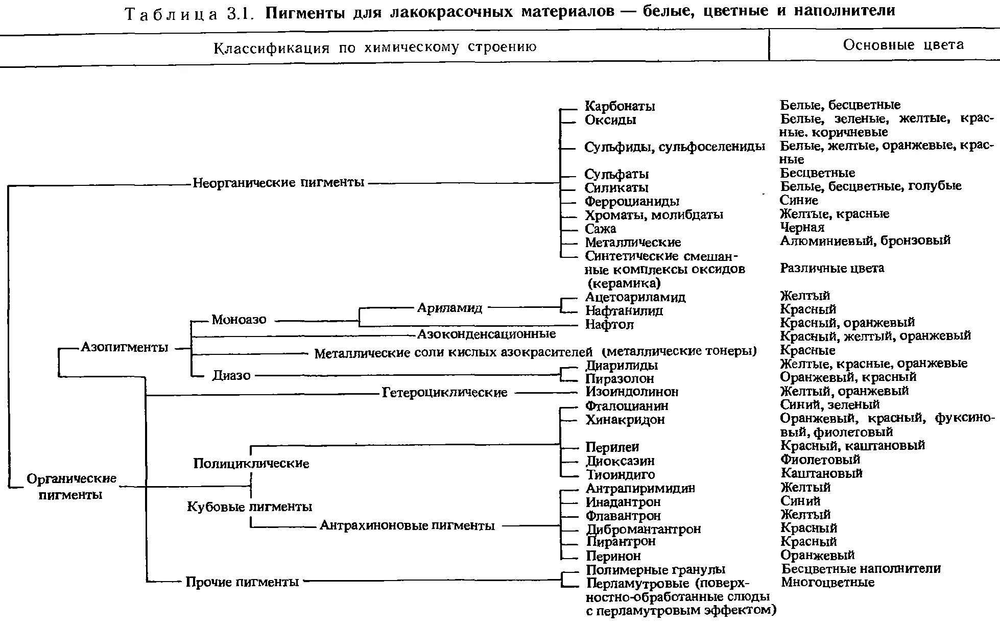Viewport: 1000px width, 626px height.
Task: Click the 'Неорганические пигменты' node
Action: (x=278, y=182)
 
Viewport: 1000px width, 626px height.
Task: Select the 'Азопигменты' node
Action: (x=125, y=348)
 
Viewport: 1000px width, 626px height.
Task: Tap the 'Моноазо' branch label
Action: (x=239, y=320)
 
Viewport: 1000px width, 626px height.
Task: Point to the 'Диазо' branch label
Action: (x=231, y=376)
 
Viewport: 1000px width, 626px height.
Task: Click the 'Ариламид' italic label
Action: (x=450, y=308)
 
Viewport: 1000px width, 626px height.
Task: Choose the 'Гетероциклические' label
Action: (x=444, y=393)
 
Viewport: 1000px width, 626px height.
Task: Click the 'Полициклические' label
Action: (x=251, y=464)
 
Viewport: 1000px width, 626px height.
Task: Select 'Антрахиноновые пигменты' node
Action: (x=407, y=525)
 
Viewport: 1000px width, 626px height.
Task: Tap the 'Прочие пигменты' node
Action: (x=242, y=582)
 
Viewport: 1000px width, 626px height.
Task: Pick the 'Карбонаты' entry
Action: (x=620, y=107)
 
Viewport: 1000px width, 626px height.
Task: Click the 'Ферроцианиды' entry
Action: (x=632, y=202)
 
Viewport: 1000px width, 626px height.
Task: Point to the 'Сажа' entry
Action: (x=600, y=229)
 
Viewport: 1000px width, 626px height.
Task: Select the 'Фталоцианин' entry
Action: (x=627, y=406)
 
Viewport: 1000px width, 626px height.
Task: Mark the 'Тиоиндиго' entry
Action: (x=620, y=474)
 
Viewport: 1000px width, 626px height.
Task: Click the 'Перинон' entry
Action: (x=613, y=556)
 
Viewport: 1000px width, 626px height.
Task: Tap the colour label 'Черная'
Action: (x=802, y=227)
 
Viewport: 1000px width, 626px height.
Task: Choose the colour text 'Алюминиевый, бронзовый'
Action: (x=865, y=240)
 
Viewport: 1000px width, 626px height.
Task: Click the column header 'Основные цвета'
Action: (x=903, y=45)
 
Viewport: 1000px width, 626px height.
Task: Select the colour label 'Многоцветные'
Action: (x=827, y=583)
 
